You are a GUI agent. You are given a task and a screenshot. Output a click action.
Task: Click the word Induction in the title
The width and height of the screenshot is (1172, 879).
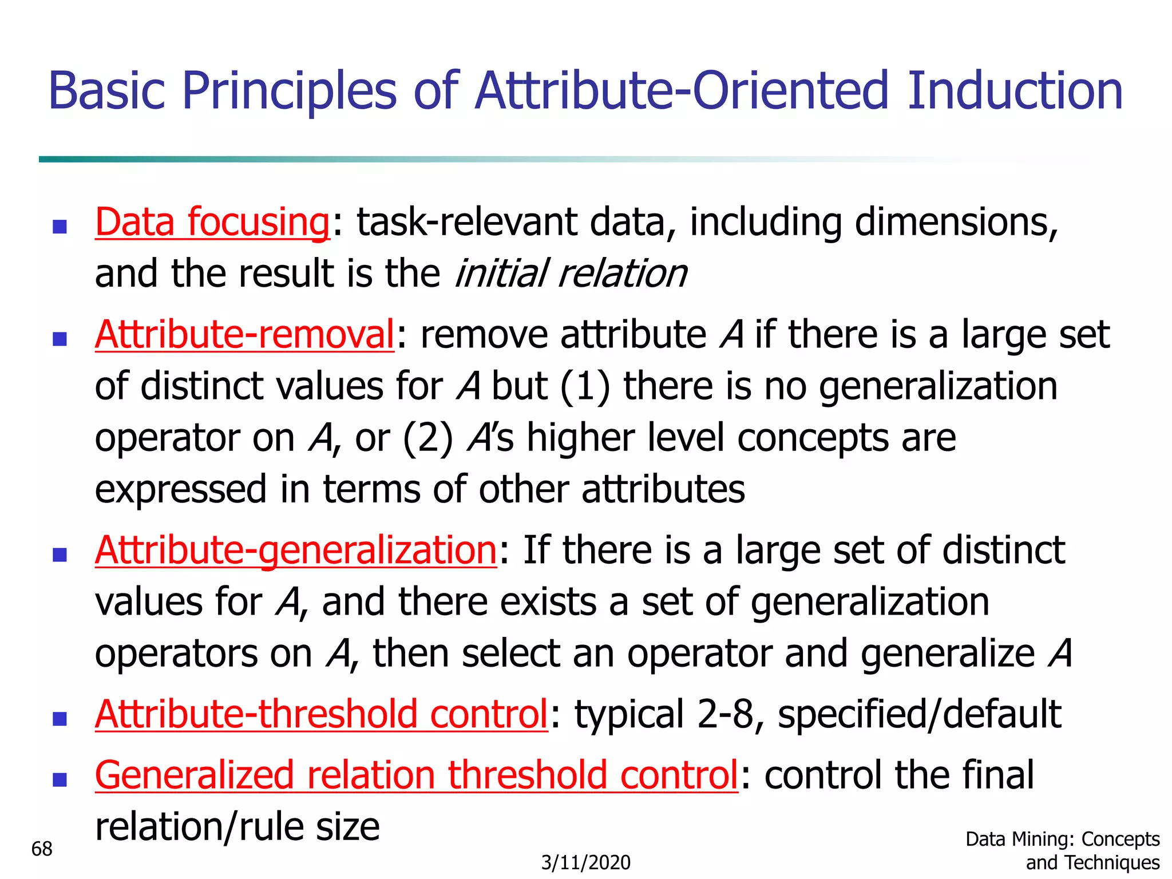[x=1015, y=92]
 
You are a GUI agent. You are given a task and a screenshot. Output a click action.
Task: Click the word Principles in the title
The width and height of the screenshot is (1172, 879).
[x=289, y=92]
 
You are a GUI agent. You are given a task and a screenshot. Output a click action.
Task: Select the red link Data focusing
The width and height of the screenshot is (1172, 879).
[x=212, y=222]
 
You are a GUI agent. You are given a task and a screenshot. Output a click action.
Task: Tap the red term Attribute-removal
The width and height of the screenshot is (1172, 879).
[x=244, y=334]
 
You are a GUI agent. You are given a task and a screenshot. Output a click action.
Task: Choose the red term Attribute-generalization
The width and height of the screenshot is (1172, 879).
[x=296, y=550]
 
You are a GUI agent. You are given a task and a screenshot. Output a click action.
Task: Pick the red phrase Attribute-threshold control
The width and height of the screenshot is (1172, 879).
[x=322, y=714]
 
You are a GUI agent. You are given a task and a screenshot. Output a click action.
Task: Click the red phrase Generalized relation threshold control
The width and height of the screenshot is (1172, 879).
[x=416, y=775]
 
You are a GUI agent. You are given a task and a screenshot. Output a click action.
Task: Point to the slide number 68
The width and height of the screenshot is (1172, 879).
[x=42, y=849]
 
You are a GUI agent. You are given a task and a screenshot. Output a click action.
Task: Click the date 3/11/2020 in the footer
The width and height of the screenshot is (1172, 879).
[x=586, y=862]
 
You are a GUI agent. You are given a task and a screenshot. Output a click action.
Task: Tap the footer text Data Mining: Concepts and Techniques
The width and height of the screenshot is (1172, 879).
[x=1063, y=850]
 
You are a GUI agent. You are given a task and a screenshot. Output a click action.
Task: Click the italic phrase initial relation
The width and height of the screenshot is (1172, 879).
[x=571, y=274]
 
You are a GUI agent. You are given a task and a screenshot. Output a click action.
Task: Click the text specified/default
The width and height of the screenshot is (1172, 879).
[x=920, y=714]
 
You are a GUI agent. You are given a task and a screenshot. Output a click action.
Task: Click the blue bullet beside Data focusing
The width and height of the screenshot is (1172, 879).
[x=60, y=227]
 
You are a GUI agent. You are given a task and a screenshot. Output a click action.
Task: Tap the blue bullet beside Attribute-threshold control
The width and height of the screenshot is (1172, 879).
[x=60, y=719]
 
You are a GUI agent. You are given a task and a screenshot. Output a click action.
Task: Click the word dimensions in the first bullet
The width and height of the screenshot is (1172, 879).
[x=956, y=222]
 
